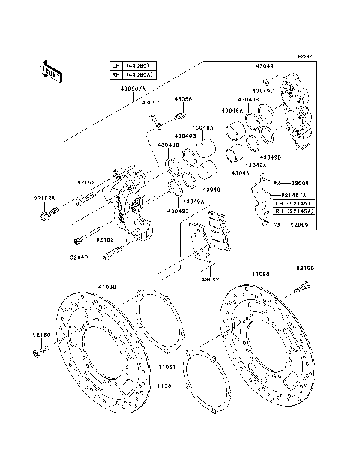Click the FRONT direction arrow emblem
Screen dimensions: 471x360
52,69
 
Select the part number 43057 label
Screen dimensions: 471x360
151,101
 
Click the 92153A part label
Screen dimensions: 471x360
44,199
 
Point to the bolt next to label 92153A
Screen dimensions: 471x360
47,217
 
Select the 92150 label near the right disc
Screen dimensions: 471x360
304,268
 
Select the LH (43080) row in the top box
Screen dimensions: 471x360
132,65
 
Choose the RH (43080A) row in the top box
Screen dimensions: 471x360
132,74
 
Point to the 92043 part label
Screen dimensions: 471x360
80,256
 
